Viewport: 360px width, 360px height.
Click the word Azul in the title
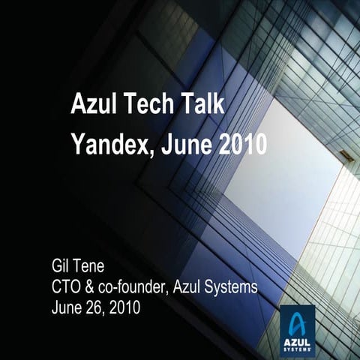[94, 103]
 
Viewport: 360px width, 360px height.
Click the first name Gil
[61, 265]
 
